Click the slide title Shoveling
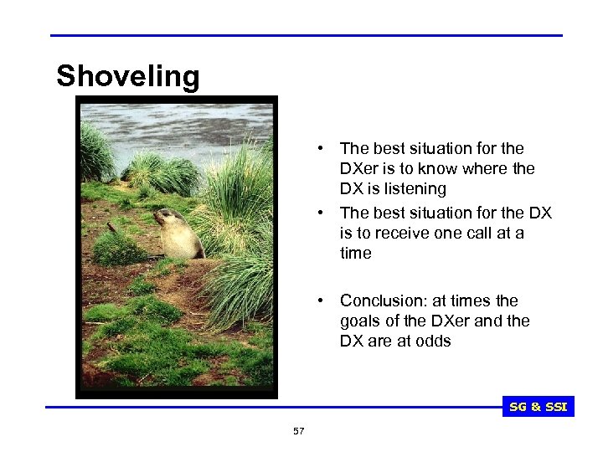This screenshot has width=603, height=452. tap(128, 76)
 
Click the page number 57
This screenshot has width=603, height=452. tap(299, 431)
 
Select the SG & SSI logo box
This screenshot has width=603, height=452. tap(538, 407)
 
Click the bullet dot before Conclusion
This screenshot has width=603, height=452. tap(321, 300)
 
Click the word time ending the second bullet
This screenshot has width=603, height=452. tap(356, 253)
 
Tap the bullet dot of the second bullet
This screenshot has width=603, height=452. tap(321, 213)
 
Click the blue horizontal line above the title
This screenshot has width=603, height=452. tap(306, 35)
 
